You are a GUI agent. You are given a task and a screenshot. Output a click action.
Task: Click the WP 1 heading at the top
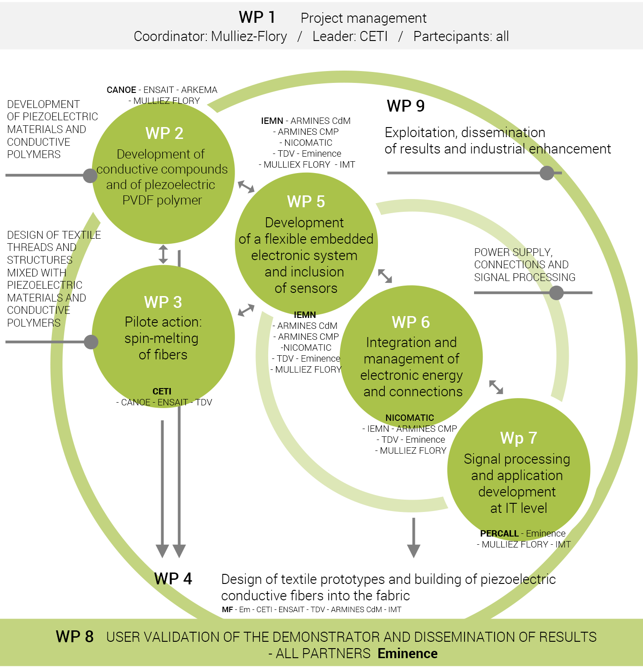point(257,17)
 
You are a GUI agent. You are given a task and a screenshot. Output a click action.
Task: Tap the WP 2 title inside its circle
point(164,133)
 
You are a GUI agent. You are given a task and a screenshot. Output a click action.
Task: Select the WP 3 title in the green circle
point(163,302)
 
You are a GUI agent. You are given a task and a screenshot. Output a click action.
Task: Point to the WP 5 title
point(306,201)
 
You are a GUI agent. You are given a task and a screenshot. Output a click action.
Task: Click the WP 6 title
point(411,322)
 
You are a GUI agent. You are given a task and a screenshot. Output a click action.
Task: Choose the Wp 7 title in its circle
point(518,438)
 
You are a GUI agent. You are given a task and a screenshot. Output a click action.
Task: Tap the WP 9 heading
point(405,106)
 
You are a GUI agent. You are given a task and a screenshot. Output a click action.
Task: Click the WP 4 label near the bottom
point(173,579)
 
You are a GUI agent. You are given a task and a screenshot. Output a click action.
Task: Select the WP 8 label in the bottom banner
point(75,637)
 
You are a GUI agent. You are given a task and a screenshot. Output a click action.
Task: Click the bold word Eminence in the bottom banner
point(408,654)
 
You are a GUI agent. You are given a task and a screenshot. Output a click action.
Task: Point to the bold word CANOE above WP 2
point(121,90)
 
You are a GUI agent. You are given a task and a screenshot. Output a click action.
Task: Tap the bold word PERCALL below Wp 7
point(499,533)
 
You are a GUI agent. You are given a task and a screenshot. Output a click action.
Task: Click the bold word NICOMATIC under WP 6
point(410,418)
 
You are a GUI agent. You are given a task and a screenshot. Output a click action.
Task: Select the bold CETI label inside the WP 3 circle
point(162,391)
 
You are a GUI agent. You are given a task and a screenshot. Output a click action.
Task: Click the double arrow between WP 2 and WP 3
point(163,254)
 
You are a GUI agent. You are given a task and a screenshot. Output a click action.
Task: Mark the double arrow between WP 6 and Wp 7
point(496,387)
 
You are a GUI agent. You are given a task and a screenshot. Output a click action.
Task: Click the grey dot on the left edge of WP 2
point(90,176)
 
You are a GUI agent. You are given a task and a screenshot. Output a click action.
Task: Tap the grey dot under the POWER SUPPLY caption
point(556,293)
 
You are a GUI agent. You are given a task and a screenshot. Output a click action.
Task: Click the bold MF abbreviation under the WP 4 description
point(227,609)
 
